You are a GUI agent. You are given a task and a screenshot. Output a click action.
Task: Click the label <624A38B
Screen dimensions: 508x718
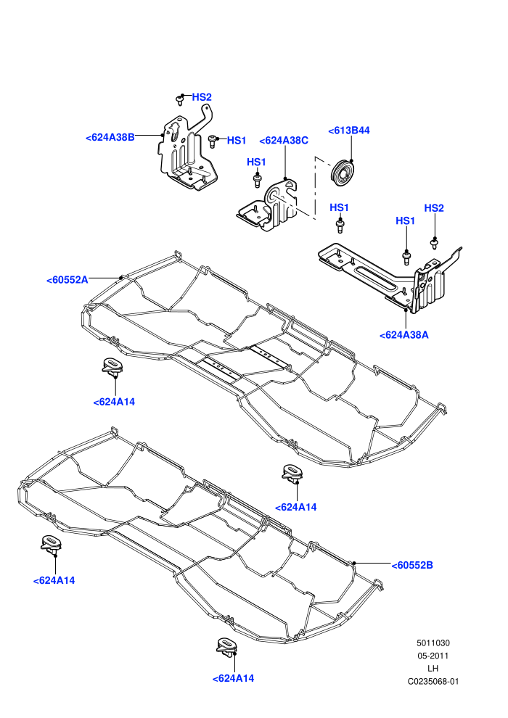tap(110, 137)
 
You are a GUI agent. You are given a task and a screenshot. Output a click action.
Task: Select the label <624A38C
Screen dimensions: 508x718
tap(284, 141)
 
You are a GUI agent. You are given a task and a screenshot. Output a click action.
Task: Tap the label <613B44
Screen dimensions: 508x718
tap(349, 131)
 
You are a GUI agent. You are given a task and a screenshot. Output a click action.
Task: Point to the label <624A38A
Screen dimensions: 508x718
tap(404, 335)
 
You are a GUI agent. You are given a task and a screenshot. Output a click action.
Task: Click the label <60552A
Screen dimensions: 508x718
tap(67, 280)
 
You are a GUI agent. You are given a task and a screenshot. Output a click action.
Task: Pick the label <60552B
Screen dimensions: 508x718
tap(412, 565)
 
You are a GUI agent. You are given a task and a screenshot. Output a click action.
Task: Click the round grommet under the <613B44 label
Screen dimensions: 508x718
tap(343, 173)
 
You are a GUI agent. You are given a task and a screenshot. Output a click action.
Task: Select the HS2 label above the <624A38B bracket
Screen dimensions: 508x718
tap(202, 97)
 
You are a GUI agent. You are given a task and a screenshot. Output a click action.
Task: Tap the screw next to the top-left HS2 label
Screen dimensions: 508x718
tap(180, 100)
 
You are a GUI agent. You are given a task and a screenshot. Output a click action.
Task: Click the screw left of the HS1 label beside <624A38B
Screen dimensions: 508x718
tap(213, 141)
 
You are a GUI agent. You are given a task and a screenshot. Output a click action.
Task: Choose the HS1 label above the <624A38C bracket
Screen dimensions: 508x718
tap(256, 162)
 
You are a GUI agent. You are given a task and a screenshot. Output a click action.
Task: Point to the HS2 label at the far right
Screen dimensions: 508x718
tap(434, 208)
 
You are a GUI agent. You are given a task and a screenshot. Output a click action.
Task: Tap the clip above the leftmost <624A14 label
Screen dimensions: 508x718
tap(51, 545)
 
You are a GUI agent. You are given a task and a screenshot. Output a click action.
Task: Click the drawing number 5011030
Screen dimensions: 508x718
tap(433, 643)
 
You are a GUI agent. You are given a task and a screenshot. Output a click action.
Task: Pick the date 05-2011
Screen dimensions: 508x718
tap(433, 656)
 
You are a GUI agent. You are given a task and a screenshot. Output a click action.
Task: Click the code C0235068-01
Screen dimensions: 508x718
tap(433, 681)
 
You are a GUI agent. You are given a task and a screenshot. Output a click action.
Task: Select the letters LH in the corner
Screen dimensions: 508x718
tap(433, 669)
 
